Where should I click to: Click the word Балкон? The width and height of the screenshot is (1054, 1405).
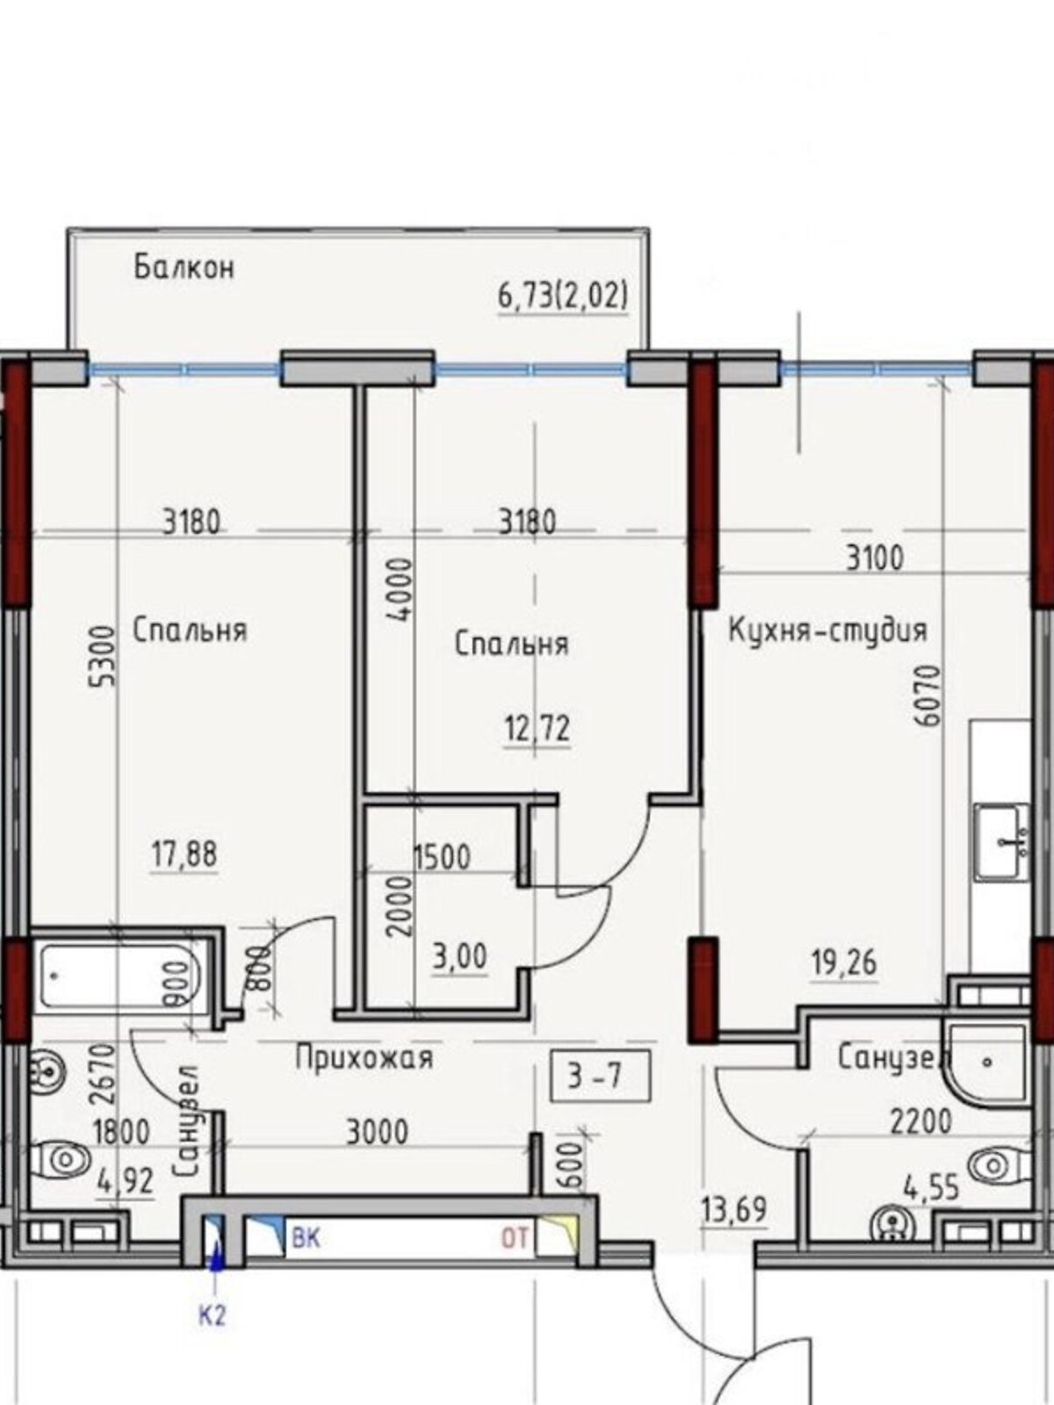pyautogui.click(x=184, y=267)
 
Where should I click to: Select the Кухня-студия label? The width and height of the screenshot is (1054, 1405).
pyautogui.click(x=827, y=631)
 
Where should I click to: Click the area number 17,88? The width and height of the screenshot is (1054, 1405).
pyautogui.click(x=184, y=854)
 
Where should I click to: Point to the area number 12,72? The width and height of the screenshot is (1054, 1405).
pyautogui.click(x=537, y=729)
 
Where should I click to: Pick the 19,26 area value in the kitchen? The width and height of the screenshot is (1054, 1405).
pyautogui.click(x=843, y=962)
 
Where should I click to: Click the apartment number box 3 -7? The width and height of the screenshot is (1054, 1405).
pyautogui.click(x=600, y=1076)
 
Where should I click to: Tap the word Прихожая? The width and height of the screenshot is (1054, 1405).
pyautogui.click(x=364, y=1057)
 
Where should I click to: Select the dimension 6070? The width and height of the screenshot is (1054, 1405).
pyautogui.click(x=928, y=695)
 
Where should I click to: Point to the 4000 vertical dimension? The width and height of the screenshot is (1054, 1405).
pyautogui.click(x=400, y=588)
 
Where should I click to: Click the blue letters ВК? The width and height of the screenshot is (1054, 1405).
pyautogui.click(x=306, y=1239)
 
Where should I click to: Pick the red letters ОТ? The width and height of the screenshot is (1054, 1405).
pyautogui.click(x=516, y=1239)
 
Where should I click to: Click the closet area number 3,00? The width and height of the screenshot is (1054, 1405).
pyautogui.click(x=459, y=956)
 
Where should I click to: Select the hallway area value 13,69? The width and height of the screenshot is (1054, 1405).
pyautogui.click(x=734, y=1210)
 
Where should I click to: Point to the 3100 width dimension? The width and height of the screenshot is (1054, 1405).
pyautogui.click(x=874, y=558)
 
